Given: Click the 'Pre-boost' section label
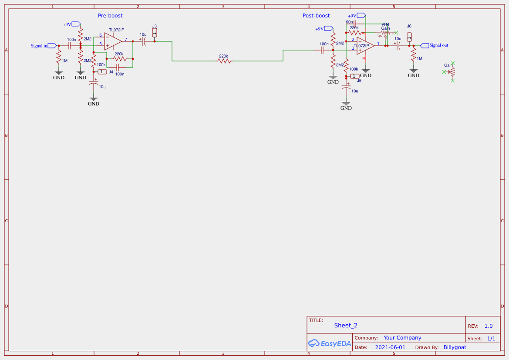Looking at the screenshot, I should pyautogui.click(x=110, y=16).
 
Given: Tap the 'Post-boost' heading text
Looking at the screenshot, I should pyautogui.click(x=316, y=16).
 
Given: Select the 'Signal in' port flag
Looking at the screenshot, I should pyautogui.click(x=52, y=45).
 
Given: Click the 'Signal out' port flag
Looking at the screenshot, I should pyautogui.click(x=425, y=45).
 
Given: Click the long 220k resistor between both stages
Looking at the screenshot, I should pyautogui.click(x=224, y=61).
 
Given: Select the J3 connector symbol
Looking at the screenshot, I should pyautogui.click(x=155, y=33).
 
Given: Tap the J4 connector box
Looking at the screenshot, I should pyautogui.click(x=102, y=72).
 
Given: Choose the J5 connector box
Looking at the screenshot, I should pyautogui.click(x=355, y=76).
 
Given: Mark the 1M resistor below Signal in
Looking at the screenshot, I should pyautogui.click(x=59, y=57).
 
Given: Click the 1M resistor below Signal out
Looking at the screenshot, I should pyautogui.click(x=414, y=55).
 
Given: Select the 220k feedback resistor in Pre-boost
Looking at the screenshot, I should pyautogui.click(x=119, y=58).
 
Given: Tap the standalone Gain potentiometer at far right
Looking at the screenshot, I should pyautogui.click(x=452, y=71).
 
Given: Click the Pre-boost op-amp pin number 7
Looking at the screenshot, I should pyautogui.click(x=126, y=40).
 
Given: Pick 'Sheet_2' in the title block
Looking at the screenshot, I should pyautogui.click(x=346, y=325).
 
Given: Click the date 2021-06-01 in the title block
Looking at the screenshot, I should pyautogui.click(x=390, y=347).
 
